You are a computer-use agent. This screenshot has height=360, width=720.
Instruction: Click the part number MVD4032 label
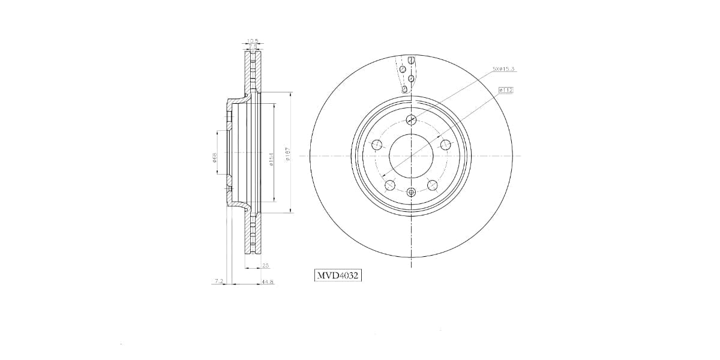click(x=338, y=275)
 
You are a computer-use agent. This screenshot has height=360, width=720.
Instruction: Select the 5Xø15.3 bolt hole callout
click(x=503, y=70)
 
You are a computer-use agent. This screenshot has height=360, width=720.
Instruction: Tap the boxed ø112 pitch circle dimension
click(x=506, y=90)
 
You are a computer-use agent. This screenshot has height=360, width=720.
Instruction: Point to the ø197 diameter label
click(x=288, y=155)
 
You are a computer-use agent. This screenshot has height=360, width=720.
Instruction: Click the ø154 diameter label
click(x=272, y=158)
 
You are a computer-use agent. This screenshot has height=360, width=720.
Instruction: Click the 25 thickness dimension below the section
click(x=265, y=265)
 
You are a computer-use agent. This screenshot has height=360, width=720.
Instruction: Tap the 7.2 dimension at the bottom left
click(x=218, y=281)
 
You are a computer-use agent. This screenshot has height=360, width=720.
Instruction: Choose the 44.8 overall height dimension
click(x=268, y=281)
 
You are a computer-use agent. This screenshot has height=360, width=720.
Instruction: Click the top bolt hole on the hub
click(x=411, y=119)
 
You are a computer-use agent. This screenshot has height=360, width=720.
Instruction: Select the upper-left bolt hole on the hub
click(x=377, y=145)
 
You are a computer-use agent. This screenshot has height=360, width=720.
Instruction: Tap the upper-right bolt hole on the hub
click(x=445, y=145)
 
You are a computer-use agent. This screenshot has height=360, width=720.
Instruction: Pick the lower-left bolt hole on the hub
click(x=390, y=184)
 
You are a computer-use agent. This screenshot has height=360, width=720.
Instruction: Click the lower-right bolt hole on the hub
click(x=432, y=184)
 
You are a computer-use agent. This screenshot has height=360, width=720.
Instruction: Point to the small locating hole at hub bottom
click(x=411, y=192)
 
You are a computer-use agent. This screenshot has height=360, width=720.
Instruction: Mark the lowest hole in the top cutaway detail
click(x=405, y=89)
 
